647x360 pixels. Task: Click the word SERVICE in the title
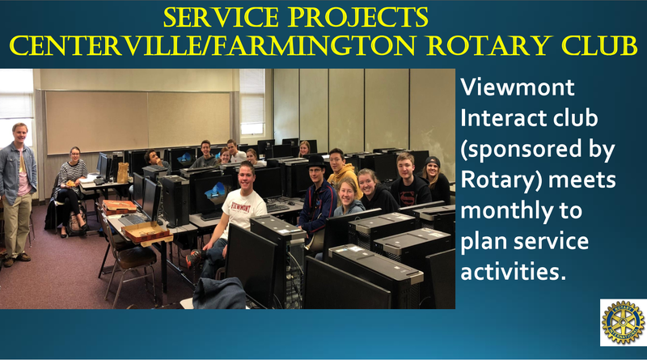221,17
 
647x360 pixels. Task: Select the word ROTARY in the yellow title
490,45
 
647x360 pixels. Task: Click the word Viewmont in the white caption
518,87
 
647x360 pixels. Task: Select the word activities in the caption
513,272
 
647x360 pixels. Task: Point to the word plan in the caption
483,242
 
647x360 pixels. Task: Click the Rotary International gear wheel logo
623,323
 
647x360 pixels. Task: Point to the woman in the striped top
71,191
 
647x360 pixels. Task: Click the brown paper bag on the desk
123,172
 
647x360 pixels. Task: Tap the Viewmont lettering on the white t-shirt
242,206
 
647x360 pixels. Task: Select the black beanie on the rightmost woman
433,162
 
